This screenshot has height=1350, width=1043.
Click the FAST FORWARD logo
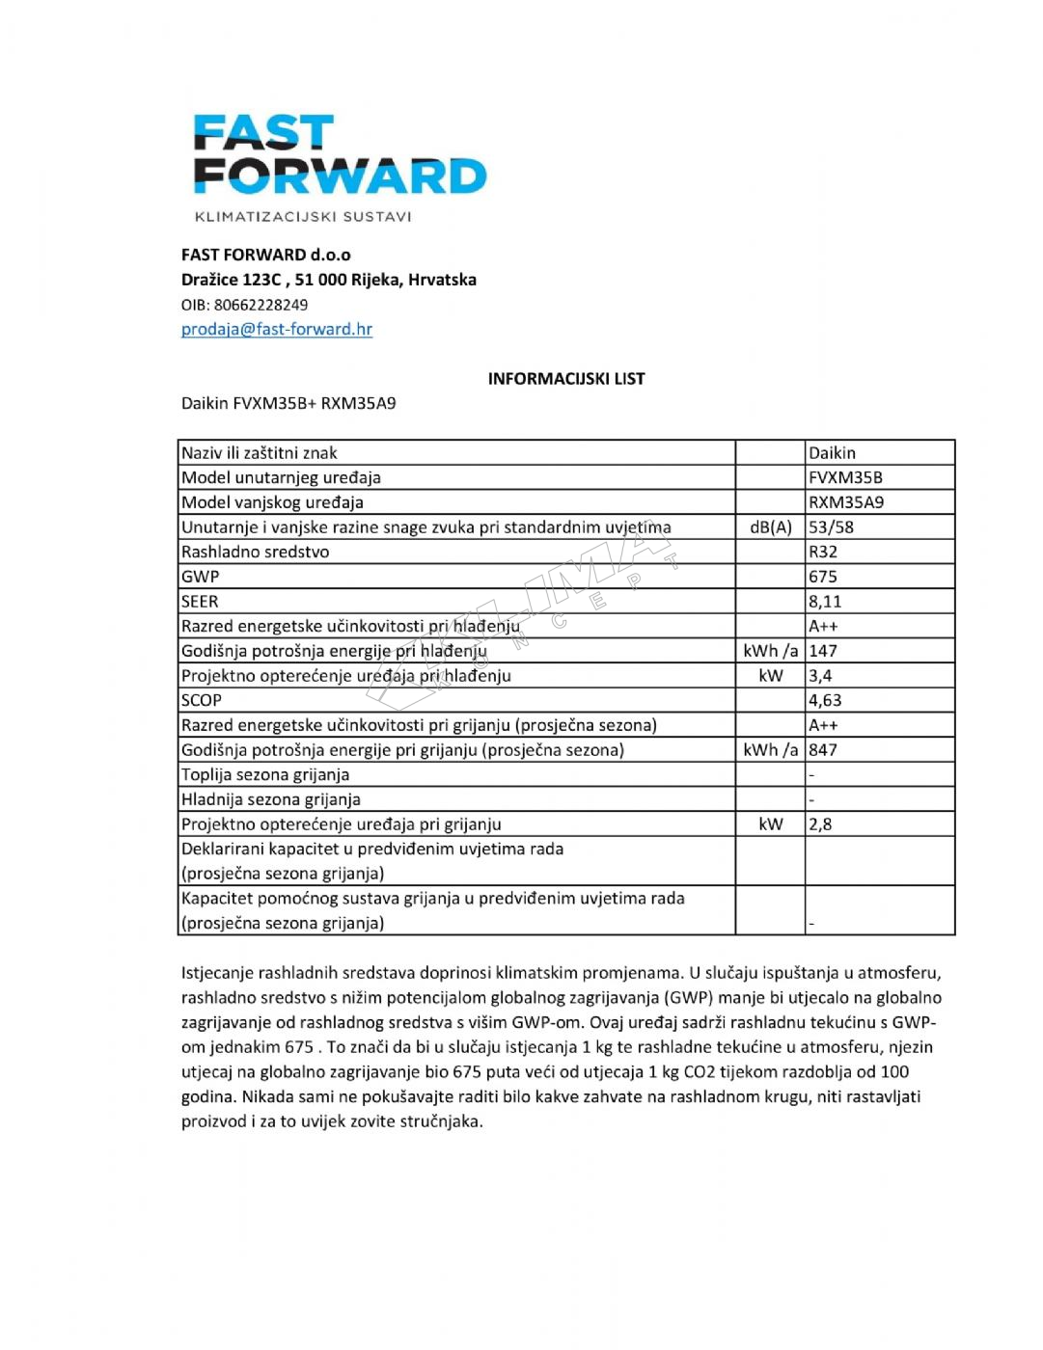click(x=340, y=155)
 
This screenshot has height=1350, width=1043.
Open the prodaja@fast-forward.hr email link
click(x=277, y=329)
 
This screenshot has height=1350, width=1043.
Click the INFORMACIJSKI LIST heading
click(x=565, y=379)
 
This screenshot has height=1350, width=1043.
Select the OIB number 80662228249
click(x=261, y=305)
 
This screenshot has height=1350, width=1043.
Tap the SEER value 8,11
click(x=825, y=602)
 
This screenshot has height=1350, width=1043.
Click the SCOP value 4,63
click(x=825, y=701)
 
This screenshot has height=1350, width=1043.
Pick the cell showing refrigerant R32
click(x=823, y=553)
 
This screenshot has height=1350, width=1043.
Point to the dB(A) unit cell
click(x=770, y=527)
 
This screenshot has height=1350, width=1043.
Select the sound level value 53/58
click(x=831, y=527)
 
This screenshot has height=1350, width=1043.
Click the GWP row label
click(x=201, y=577)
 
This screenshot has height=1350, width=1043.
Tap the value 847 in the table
click(x=823, y=750)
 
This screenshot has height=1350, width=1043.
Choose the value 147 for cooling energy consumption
click(x=823, y=651)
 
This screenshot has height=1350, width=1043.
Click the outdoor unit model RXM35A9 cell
click(x=846, y=502)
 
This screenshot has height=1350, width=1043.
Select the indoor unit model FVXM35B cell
click(x=845, y=477)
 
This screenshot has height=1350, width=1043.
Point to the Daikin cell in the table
click(x=832, y=453)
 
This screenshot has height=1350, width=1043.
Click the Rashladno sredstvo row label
click(x=256, y=553)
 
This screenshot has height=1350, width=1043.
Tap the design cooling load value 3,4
click(x=820, y=676)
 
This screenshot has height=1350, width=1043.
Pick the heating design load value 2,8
click(x=820, y=824)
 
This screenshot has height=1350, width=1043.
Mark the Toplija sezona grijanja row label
click(x=265, y=775)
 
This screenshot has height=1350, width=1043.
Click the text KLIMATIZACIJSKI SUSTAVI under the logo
click(x=303, y=217)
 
